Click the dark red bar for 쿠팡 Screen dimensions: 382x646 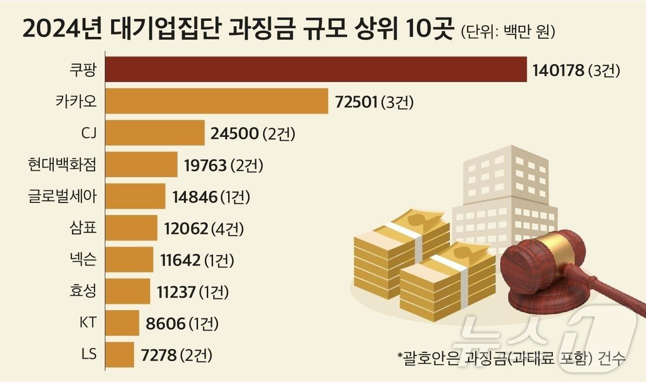click(315, 69)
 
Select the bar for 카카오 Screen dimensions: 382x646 click(216, 101)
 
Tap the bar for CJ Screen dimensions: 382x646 click(155, 133)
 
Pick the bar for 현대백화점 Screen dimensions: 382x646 click(141, 165)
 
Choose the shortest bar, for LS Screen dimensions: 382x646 click(119, 355)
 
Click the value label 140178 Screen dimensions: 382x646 click(558, 71)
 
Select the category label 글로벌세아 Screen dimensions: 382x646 click(63, 197)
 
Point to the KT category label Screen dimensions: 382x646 click(88, 323)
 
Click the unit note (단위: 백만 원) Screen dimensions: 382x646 click(507, 32)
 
